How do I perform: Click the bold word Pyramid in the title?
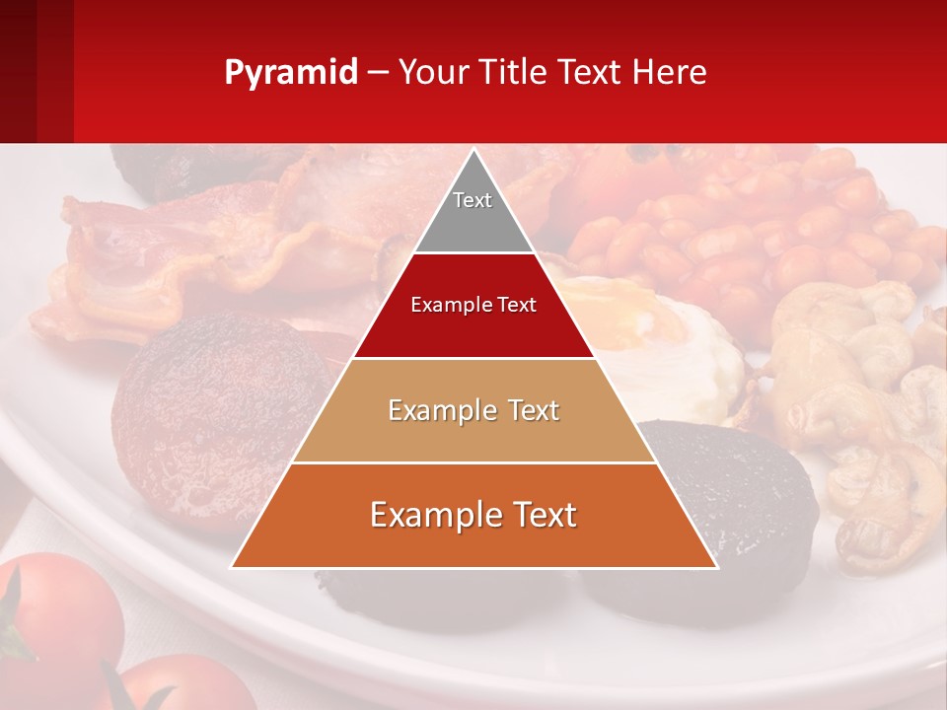tap(290, 73)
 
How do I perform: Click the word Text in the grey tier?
tap(473, 200)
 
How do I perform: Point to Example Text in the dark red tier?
tap(473, 305)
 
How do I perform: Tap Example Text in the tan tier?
tap(473, 410)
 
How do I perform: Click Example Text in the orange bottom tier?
tap(473, 515)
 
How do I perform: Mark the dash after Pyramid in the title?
tap(378, 73)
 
